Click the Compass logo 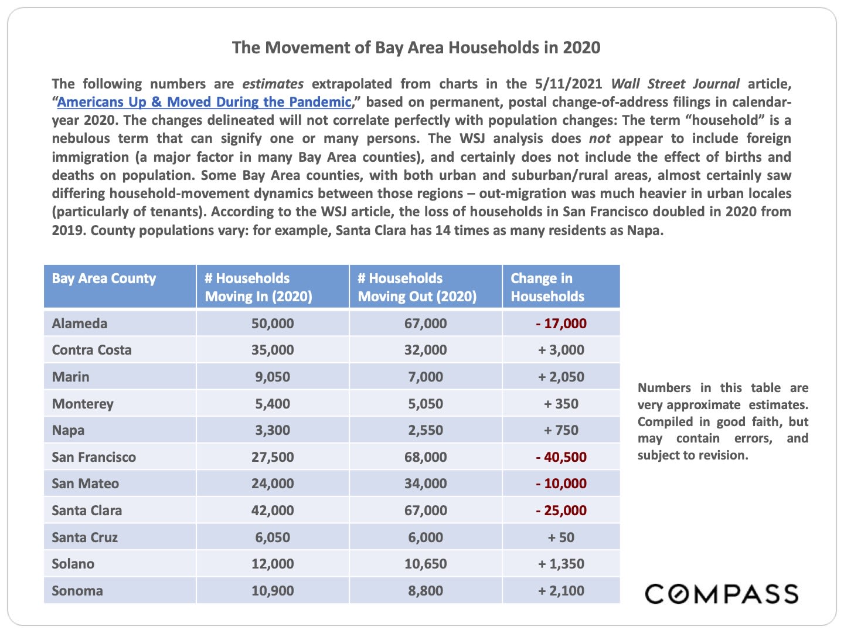722,594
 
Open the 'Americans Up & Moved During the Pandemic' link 204,102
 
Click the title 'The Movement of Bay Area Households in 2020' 416,47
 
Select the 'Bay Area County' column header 104,278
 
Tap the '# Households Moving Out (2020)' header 417,287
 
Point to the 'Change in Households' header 547,287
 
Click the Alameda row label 80,324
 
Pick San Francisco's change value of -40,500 561,457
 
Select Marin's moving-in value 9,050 273,377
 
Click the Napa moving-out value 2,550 426,430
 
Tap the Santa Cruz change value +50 561,537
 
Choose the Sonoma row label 77,591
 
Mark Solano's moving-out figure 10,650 426,564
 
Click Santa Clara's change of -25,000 561,511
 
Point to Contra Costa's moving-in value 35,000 273,350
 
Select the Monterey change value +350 561,404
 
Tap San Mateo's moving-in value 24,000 273,484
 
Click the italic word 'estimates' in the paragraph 273,84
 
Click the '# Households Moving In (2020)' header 258,287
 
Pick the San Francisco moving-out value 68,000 426,457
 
